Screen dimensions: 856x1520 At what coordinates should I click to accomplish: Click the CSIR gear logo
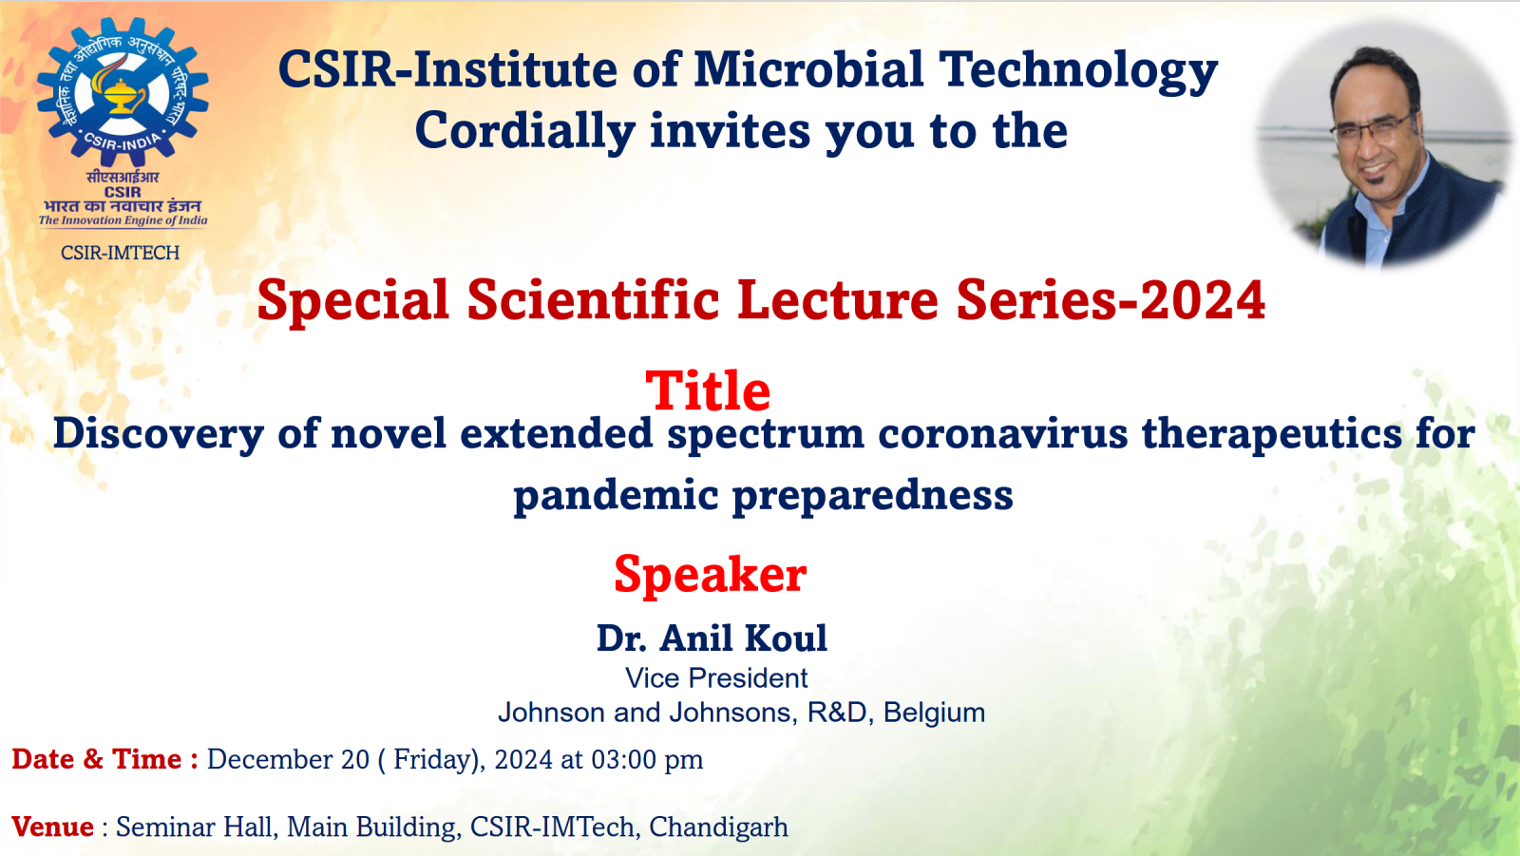(x=123, y=91)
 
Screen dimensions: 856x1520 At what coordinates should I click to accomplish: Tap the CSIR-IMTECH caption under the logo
(x=120, y=253)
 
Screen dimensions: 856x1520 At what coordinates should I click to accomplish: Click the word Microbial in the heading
(x=807, y=70)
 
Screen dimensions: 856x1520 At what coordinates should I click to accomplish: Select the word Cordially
(x=524, y=131)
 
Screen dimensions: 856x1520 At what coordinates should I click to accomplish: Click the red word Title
(x=708, y=390)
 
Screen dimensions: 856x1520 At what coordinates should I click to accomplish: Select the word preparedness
(x=872, y=495)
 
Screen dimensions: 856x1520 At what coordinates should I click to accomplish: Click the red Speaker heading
(x=710, y=575)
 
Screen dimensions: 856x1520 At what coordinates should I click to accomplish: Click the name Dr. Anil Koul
(x=712, y=638)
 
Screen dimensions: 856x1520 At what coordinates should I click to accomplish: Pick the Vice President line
(x=716, y=678)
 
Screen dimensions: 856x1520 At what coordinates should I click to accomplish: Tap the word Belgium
(x=934, y=713)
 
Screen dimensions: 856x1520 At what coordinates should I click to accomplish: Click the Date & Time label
(x=104, y=759)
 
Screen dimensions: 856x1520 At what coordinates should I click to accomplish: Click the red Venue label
(x=52, y=827)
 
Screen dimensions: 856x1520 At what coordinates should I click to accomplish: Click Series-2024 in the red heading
(x=1111, y=300)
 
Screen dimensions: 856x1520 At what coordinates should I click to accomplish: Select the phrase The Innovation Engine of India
(x=123, y=220)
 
